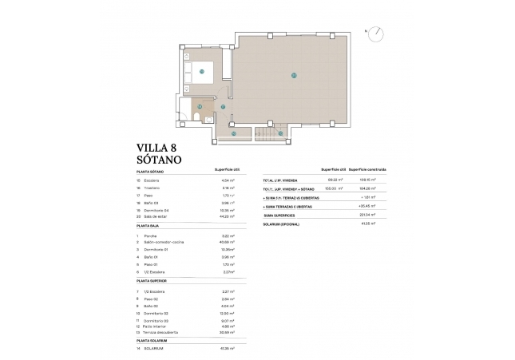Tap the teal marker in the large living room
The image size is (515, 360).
coord(294,76)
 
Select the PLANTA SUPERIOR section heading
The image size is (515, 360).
coord(153,281)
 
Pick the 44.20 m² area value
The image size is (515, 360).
coord(228,216)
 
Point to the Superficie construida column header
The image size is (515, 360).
coord(367,170)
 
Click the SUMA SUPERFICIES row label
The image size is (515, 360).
coord(279,214)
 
